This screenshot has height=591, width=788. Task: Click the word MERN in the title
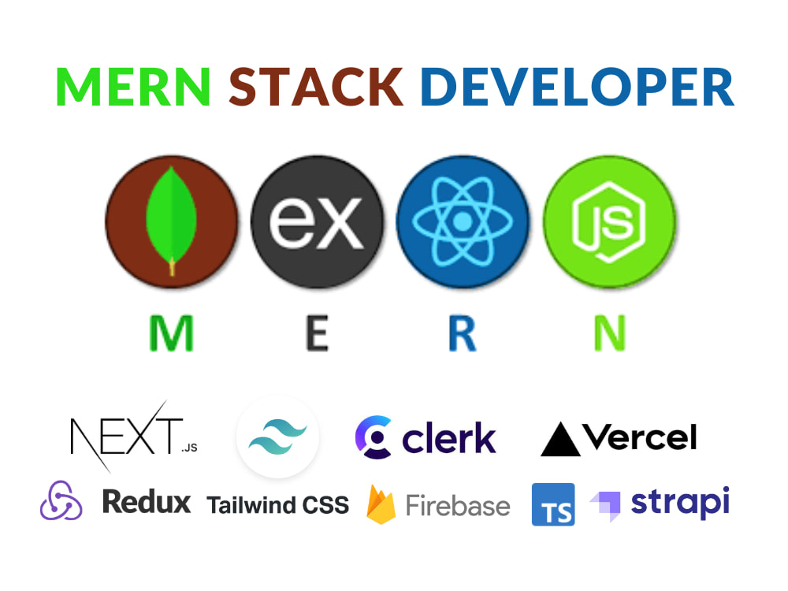pyautogui.click(x=133, y=87)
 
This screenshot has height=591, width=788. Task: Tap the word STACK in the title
pyautogui.click(x=316, y=87)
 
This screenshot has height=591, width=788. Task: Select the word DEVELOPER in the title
pyautogui.click(x=578, y=87)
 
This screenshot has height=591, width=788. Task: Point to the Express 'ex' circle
pyautogui.click(x=317, y=221)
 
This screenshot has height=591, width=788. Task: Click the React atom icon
pyautogui.click(x=463, y=221)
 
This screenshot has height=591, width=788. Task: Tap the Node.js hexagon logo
pyautogui.click(x=609, y=222)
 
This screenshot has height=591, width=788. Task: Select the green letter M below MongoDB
pyautogui.click(x=171, y=333)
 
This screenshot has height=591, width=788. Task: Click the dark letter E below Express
pyautogui.click(x=317, y=333)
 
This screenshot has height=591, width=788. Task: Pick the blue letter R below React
pyautogui.click(x=463, y=333)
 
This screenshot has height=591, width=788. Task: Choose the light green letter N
pyautogui.click(x=610, y=333)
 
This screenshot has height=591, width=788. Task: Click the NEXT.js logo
pyautogui.click(x=134, y=437)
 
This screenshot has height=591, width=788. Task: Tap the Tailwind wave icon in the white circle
pyautogui.click(x=278, y=437)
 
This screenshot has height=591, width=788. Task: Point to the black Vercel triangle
pyautogui.click(x=560, y=439)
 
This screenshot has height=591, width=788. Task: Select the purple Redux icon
pyautogui.click(x=61, y=500)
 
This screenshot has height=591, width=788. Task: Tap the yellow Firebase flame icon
pyautogui.click(x=381, y=504)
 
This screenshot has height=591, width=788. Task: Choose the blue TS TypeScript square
pyautogui.click(x=553, y=504)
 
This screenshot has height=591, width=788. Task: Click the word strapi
pyautogui.click(x=680, y=503)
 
